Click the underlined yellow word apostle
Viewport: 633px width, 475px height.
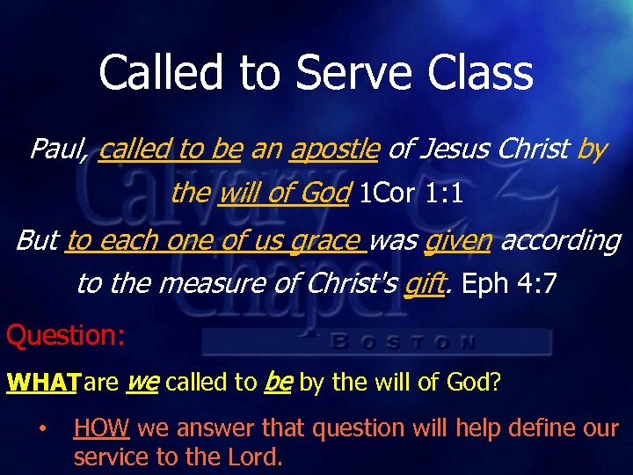334,150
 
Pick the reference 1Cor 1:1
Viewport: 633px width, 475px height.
411,193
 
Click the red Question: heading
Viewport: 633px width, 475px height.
66,335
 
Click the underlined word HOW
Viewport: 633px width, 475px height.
102,429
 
